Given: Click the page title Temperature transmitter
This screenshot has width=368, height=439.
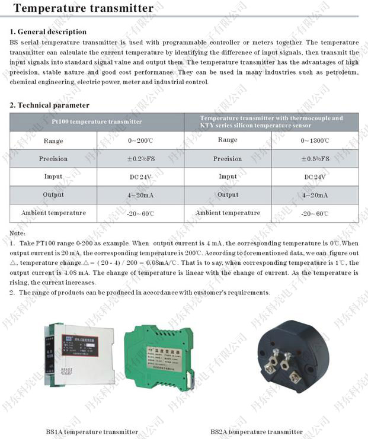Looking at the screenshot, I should [83, 8].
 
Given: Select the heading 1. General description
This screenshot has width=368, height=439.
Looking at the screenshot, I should [48, 31].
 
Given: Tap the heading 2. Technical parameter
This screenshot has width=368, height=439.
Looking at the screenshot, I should [49, 105].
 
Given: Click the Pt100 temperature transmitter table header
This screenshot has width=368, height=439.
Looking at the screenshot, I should [97, 121].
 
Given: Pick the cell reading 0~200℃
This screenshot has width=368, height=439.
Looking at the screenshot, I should [140, 141].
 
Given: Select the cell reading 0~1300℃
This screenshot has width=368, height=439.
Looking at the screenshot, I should [315, 141].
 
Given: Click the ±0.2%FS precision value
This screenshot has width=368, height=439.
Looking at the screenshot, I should [140, 159].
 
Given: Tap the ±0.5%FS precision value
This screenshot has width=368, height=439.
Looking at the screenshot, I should [315, 159].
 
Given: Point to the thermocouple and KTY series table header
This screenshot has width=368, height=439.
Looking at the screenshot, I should [271, 121].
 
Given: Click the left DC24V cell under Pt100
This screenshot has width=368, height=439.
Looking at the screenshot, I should [140, 177].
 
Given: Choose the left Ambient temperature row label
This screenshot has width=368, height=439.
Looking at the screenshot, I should [53, 213].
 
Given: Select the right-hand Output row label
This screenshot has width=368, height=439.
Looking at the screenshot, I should [228, 195].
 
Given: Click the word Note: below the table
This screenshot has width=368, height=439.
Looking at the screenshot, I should [18, 233].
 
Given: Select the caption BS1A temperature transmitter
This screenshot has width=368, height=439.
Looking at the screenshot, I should [92, 432].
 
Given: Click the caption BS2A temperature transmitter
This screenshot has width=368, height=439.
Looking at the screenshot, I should [256, 432].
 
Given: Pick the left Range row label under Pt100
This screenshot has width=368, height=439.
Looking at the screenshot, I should [53, 141].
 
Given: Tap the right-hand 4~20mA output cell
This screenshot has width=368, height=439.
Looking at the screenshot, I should [315, 195].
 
